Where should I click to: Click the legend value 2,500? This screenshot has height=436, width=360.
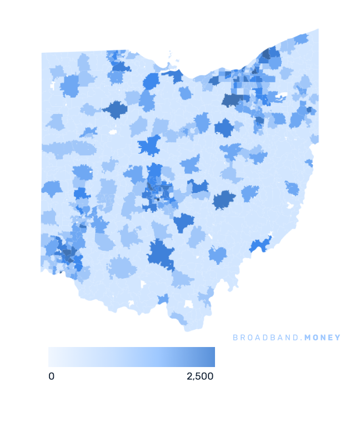pos(200,376)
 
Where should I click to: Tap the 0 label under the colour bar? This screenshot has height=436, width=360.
pos(52,376)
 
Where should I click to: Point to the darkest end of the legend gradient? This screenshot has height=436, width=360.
pos(212,357)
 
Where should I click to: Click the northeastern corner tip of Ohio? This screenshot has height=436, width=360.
pos(318,30)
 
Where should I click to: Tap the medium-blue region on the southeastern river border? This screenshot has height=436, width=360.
pos(259,243)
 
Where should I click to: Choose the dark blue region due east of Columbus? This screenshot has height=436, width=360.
pos(224,200)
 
